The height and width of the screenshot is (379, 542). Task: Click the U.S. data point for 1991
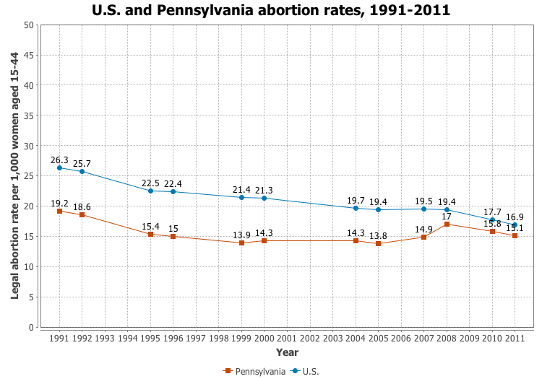coord(59,167)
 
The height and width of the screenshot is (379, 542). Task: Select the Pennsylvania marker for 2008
coord(447,225)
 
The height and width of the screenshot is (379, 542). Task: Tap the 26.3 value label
coord(59,160)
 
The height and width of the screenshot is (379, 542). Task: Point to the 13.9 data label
coord(241,235)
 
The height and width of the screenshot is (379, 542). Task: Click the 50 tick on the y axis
coord(29,25)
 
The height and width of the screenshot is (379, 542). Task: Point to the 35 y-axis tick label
coord(29,116)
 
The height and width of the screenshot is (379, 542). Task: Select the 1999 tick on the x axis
coord(241,338)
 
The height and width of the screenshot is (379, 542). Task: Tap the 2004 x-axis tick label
coord(356,338)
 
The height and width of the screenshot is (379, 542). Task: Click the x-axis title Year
coord(287,352)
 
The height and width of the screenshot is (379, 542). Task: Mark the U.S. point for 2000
coord(264,199)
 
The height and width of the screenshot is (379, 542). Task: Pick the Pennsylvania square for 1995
coord(150,234)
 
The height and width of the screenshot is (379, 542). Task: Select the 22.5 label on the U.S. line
coord(150,183)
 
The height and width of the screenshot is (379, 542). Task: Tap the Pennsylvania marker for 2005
coord(379,244)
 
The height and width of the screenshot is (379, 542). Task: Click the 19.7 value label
coord(356,200)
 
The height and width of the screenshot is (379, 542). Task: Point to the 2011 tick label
coord(515,338)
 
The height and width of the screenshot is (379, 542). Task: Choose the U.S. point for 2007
coord(424,209)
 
